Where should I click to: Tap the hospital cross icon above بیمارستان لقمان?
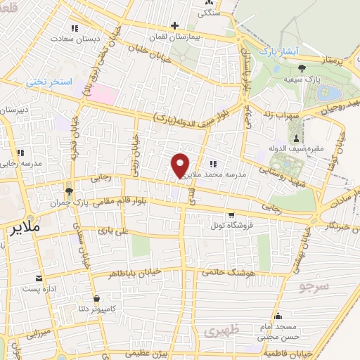point(174,26)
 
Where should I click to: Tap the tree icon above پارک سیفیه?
point(302,68)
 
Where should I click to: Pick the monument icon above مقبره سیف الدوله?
point(296,138)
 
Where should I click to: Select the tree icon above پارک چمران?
point(69,191)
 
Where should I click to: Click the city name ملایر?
point(23,229)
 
